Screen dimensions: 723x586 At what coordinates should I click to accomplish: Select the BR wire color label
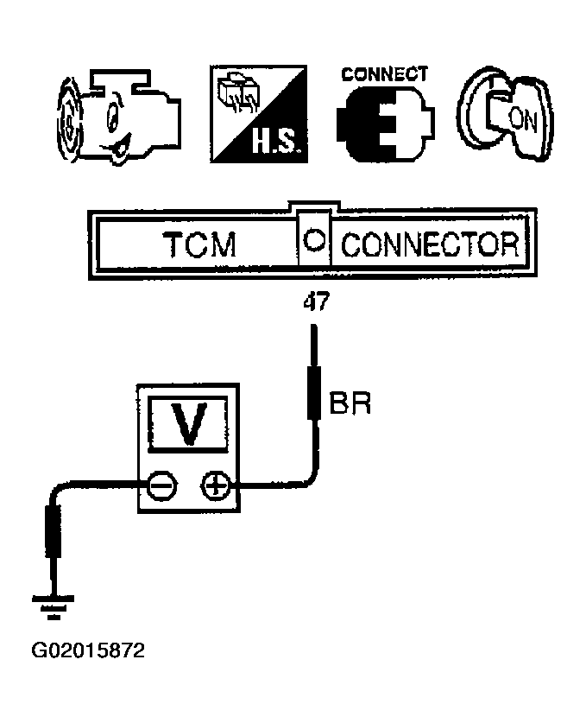[x=350, y=403]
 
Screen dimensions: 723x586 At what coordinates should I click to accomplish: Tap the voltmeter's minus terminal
[x=161, y=488]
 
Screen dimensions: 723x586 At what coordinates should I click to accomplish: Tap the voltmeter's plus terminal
[x=215, y=488]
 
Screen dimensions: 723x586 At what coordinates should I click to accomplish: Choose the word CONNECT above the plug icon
[x=384, y=73]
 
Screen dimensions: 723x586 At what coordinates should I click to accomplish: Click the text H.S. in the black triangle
[x=276, y=141]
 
